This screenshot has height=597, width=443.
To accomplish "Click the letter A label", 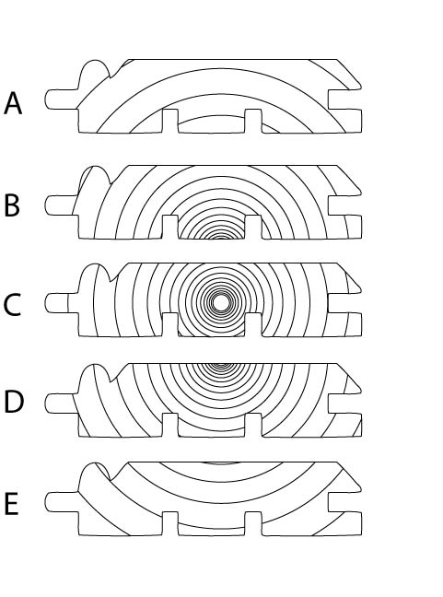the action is point(13,103).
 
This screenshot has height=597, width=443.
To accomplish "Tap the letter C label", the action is point(12,304).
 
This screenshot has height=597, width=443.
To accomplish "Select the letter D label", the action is point(14,402).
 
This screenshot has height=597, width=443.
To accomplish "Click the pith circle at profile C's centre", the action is point(220,303).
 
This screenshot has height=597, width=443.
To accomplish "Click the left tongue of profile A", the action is point(62,99).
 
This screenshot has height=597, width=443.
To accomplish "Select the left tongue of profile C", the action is point(62,303).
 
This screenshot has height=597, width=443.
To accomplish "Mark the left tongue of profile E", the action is point(62,502).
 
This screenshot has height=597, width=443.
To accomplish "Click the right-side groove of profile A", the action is point(344,99).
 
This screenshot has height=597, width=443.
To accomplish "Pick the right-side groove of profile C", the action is point(344,303).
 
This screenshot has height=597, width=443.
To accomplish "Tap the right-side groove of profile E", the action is point(344,502).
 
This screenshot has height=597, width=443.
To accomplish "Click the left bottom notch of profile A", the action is point(170,121).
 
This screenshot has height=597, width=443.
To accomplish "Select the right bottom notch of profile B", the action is point(253,227).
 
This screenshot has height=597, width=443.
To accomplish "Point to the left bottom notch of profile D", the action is point(170,425).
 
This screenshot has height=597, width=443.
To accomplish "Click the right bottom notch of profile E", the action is point(253,523).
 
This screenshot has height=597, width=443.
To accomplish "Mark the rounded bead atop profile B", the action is point(94,178).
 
